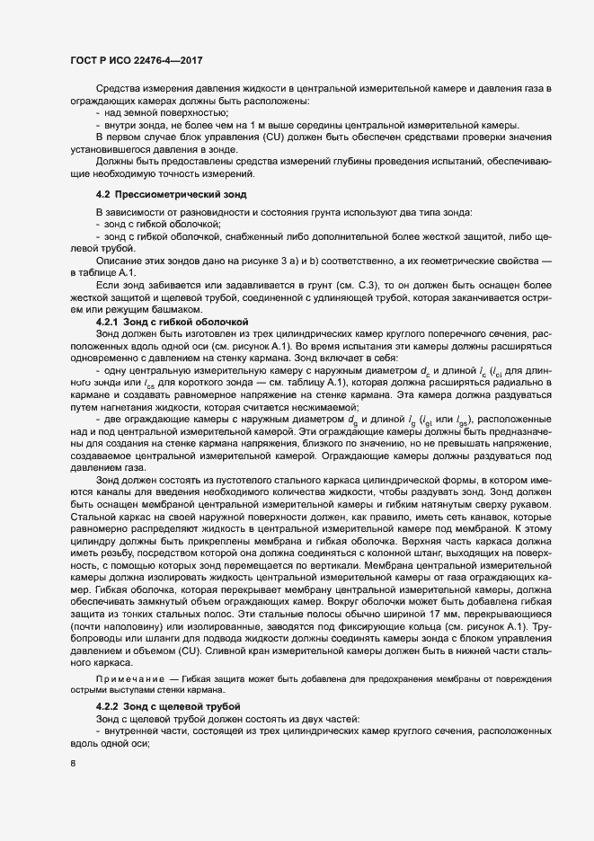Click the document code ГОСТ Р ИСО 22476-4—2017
(135, 59)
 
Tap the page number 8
(74, 764)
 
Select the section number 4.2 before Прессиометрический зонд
(103, 195)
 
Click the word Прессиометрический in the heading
(164, 195)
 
